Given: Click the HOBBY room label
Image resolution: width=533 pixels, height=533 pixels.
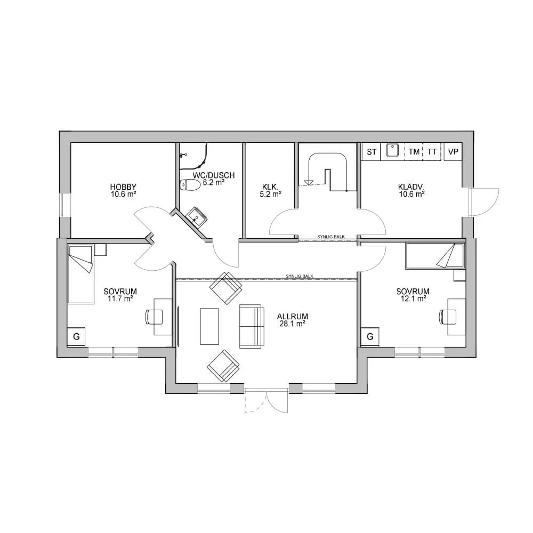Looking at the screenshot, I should pyautogui.click(x=123, y=190).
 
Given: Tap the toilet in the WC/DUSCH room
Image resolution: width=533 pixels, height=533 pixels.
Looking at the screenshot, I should pyautogui.click(x=190, y=185).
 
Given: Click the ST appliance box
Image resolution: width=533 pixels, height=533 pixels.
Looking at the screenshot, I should pyautogui.click(x=372, y=152).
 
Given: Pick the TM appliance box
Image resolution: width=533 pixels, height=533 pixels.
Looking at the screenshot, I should pyautogui.click(x=414, y=152).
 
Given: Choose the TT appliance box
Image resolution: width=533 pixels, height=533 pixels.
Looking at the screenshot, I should pyautogui.click(x=432, y=152).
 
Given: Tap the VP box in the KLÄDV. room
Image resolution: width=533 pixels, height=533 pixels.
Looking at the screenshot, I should pyautogui.click(x=454, y=152).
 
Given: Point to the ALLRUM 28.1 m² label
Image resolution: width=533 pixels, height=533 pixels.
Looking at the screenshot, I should pyautogui.click(x=293, y=319).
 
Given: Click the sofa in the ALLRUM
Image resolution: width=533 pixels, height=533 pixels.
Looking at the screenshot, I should pyautogui.click(x=252, y=326).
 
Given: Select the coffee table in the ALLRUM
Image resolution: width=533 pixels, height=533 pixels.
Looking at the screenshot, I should pyautogui.click(x=209, y=326).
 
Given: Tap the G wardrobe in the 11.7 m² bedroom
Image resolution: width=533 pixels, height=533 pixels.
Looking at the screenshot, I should pyautogui.click(x=77, y=336).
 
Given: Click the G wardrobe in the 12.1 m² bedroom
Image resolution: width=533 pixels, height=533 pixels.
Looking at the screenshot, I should pyautogui.click(x=370, y=336).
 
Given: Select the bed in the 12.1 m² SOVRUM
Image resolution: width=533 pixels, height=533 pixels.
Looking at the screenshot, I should pyautogui.click(x=435, y=256).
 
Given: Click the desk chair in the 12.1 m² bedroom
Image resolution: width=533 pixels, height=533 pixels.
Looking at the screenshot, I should pyautogui.click(x=445, y=316).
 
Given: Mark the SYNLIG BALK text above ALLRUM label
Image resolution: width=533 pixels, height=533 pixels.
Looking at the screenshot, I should pyautogui.click(x=299, y=276).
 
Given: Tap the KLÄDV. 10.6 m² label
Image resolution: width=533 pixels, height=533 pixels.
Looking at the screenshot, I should pyautogui.click(x=411, y=190).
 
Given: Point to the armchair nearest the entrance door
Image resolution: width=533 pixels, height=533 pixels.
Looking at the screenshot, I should pyautogui.click(x=223, y=366).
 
